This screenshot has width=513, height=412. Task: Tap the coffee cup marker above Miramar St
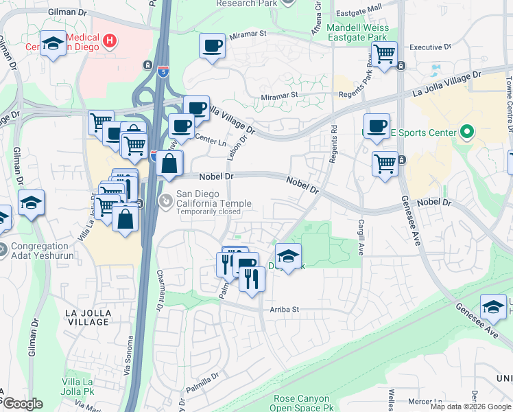point(213,47)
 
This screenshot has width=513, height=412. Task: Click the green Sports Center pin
point(468,130)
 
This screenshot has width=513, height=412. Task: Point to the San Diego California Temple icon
point(165,201)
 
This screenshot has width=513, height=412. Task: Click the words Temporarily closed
point(208,211)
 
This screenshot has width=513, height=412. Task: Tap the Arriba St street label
point(285,310)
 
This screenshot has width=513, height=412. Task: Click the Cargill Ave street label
point(359,233)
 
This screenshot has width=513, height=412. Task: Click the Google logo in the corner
point(23,404)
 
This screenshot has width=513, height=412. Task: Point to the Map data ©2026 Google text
point(470,407)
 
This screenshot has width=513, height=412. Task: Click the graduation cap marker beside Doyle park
point(289,257)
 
